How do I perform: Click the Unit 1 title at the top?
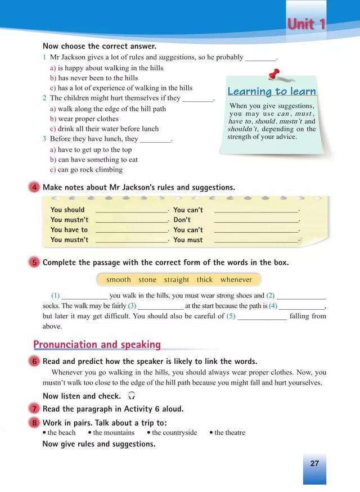pos(307,24)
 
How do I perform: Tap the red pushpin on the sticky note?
pos(274,75)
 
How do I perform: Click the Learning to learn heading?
pos(272,92)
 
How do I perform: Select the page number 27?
pos(314,463)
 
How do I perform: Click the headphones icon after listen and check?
pos(132,396)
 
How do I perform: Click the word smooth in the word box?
pos(118,279)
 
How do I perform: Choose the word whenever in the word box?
pos(236,279)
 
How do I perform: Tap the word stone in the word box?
pos(147,279)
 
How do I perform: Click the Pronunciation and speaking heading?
pos(97,345)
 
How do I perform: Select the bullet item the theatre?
pos(229,432)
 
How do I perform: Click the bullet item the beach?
pos(61,432)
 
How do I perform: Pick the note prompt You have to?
pos(69,229)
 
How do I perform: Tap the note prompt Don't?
pos(182,220)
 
